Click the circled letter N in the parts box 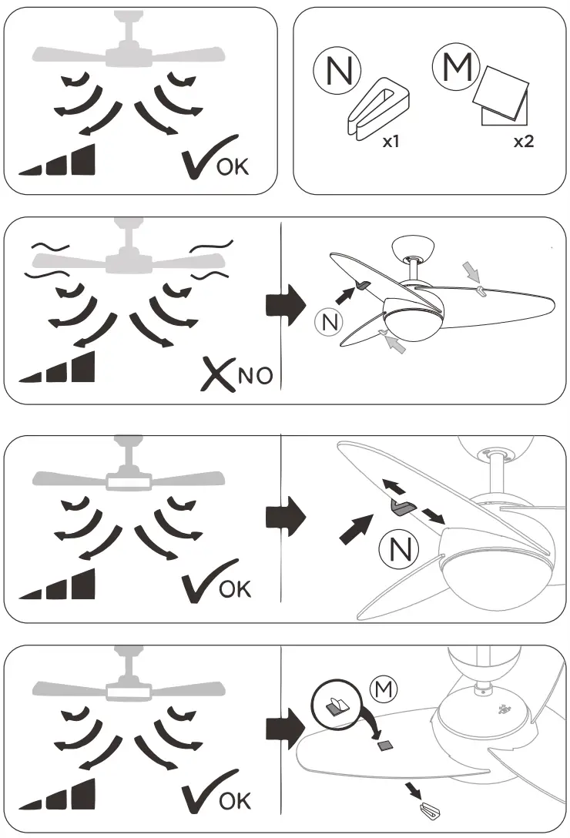(337, 69)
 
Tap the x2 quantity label (523, 144)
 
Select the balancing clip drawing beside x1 (377, 109)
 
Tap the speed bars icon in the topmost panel (57, 161)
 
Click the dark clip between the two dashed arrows (401, 505)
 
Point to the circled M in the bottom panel (382, 686)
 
